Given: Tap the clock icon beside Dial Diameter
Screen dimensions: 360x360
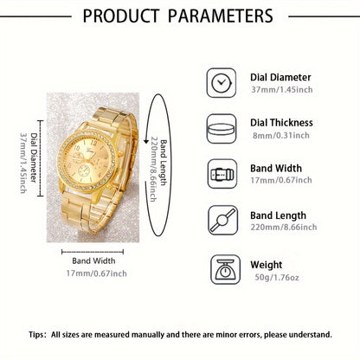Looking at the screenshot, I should pos(221,82).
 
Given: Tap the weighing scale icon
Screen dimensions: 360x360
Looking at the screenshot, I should pos(221,268).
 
